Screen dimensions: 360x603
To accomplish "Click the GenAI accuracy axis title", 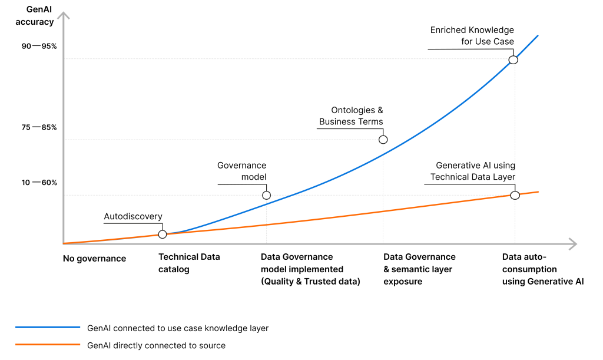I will tap(39, 16).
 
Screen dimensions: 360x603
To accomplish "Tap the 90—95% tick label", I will tap(39, 46).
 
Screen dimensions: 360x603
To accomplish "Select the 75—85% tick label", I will tap(39, 127).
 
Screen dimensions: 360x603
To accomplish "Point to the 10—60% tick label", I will tap(39, 182).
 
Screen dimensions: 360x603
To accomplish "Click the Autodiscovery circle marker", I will tap(163, 234).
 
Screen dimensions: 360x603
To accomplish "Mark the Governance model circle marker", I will tap(266, 195).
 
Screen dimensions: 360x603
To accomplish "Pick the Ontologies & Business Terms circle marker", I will tap(383, 140).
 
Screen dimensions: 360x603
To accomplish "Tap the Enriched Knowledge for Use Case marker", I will tap(513, 60).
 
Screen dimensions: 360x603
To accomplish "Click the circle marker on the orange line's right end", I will tap(515, 195).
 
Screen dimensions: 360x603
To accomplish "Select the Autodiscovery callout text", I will tap(133, 216).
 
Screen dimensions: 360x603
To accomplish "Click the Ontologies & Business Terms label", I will tap(351, 116).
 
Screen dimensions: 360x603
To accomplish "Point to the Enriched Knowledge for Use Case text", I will tap(472, 36).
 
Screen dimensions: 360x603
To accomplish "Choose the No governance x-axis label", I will tap(95, 258).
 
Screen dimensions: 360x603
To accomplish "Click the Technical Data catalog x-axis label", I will tap(189, 263).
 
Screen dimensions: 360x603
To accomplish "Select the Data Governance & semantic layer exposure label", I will tap(419, 269).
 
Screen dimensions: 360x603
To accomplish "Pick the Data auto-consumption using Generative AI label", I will tap(542, 269).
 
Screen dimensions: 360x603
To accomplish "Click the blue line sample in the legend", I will tap(47, 327).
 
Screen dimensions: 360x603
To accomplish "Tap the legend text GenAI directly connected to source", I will tap(156, 345).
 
